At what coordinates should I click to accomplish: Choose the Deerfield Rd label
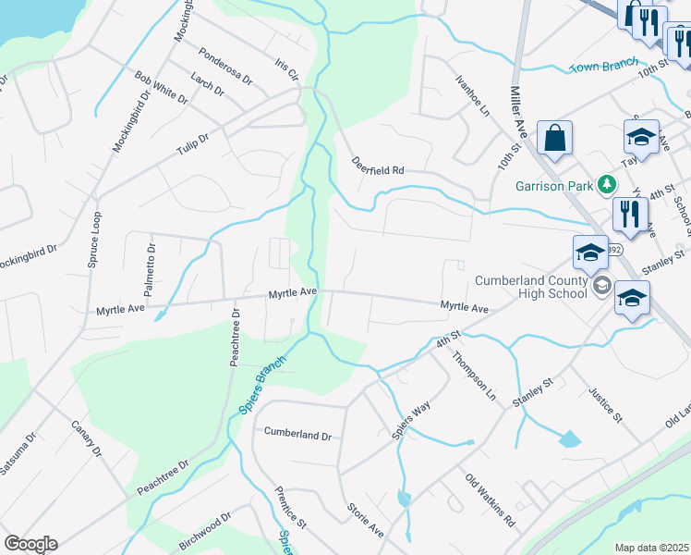[378, 166]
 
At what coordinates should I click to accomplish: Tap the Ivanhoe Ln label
[472, 94]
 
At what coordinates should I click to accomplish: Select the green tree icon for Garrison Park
[606, 184]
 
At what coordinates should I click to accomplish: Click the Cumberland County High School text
[531, 287]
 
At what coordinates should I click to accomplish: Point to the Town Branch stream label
[604, 66]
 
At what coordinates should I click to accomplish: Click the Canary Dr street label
[86, 439]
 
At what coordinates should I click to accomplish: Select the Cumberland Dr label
[297, 433]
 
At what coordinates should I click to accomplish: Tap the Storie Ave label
[365, 520]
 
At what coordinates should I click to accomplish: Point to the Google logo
[30, 544]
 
